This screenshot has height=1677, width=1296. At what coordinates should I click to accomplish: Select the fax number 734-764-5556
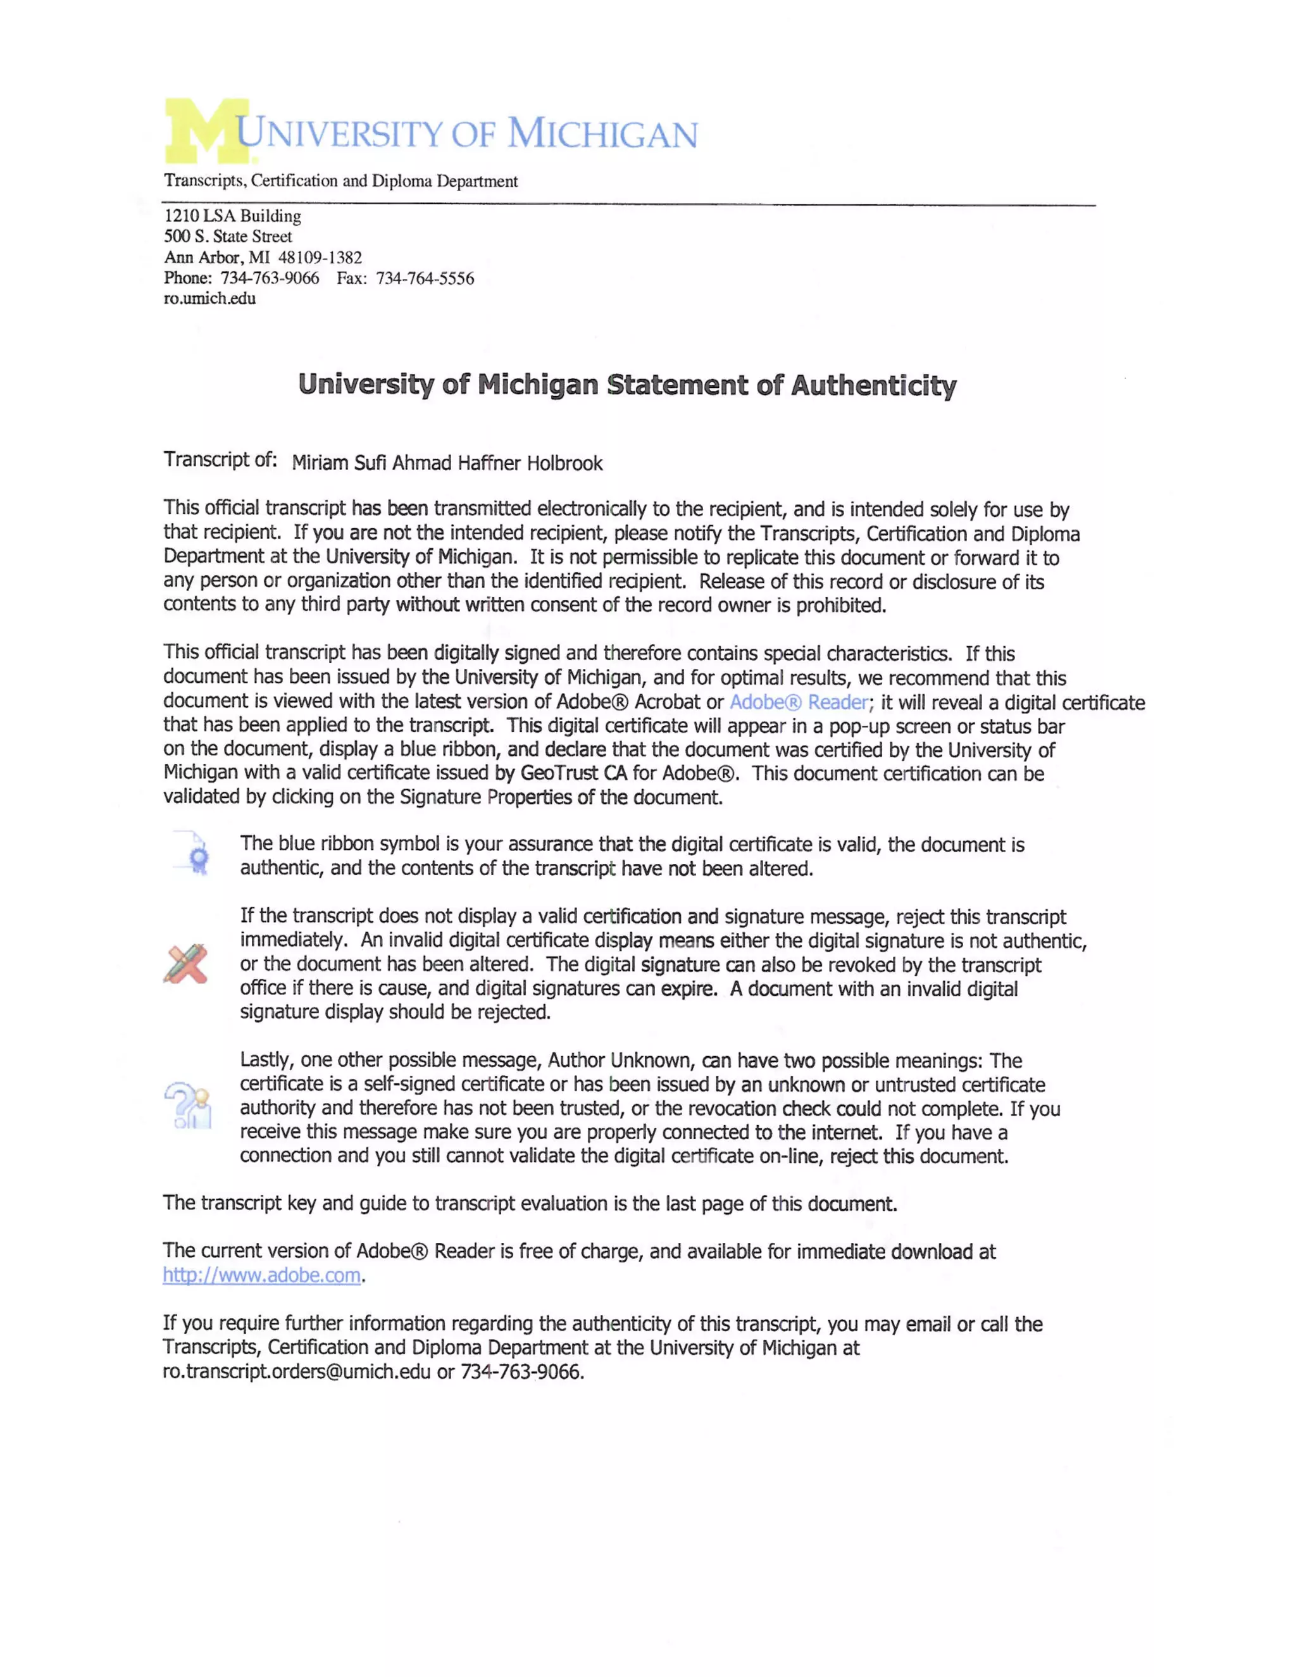pos(425,278)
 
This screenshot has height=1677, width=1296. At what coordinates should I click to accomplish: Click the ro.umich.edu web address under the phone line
pos(209,299)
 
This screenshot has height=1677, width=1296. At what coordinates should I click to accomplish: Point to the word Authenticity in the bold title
pos(874,385)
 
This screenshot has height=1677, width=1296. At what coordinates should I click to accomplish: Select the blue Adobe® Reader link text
pos(799,702)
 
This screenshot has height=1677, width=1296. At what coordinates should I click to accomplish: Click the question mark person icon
pos(188,1106)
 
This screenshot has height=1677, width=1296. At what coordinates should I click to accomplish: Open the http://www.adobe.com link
pos(262,1276)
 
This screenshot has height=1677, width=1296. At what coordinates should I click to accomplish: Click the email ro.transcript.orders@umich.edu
pos(296,1372)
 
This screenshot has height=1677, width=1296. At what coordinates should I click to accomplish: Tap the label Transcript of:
pos(220,460)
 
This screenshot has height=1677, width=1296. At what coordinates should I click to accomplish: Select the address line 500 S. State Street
pos(227,237)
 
